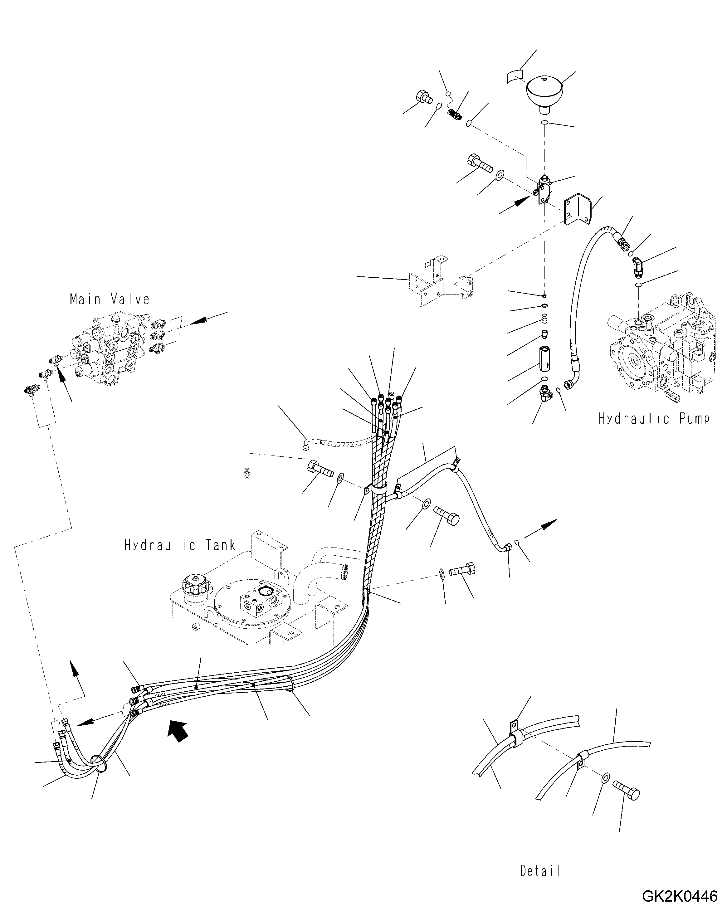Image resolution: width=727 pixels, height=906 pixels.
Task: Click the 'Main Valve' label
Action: tap(110, 299)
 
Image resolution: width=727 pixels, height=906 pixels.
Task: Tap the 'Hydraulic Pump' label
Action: tap(654, 419)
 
